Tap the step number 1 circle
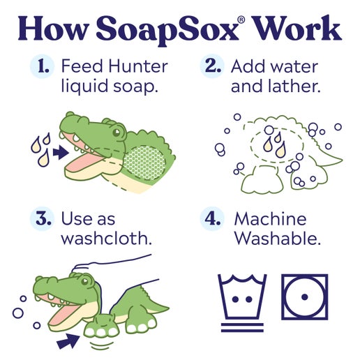point(44,67)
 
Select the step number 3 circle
point(44,219)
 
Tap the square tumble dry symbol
point(304,296)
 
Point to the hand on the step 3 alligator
point(112,269)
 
